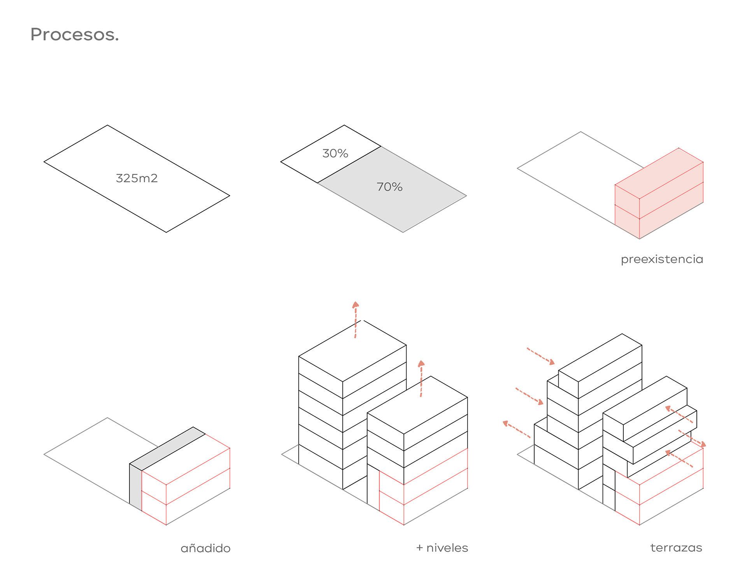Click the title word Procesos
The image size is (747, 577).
[74, 35]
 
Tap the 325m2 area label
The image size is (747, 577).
[137, 178]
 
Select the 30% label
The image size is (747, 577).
[335, 154]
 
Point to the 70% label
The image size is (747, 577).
[389, 187]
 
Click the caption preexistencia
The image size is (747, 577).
[662, 259]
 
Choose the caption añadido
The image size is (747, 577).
[205, 548]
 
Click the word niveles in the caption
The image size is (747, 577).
[447, 548]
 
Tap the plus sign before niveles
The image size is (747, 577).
[419, 548]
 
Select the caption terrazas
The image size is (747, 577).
[676, 548]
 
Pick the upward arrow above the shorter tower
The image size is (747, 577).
[421, 378]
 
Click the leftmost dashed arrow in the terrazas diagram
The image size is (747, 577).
[516, 429]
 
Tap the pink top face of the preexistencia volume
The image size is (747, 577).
[659, 173]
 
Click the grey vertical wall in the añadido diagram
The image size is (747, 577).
[135, 486]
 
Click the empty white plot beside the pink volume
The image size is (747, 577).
[576, 171]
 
